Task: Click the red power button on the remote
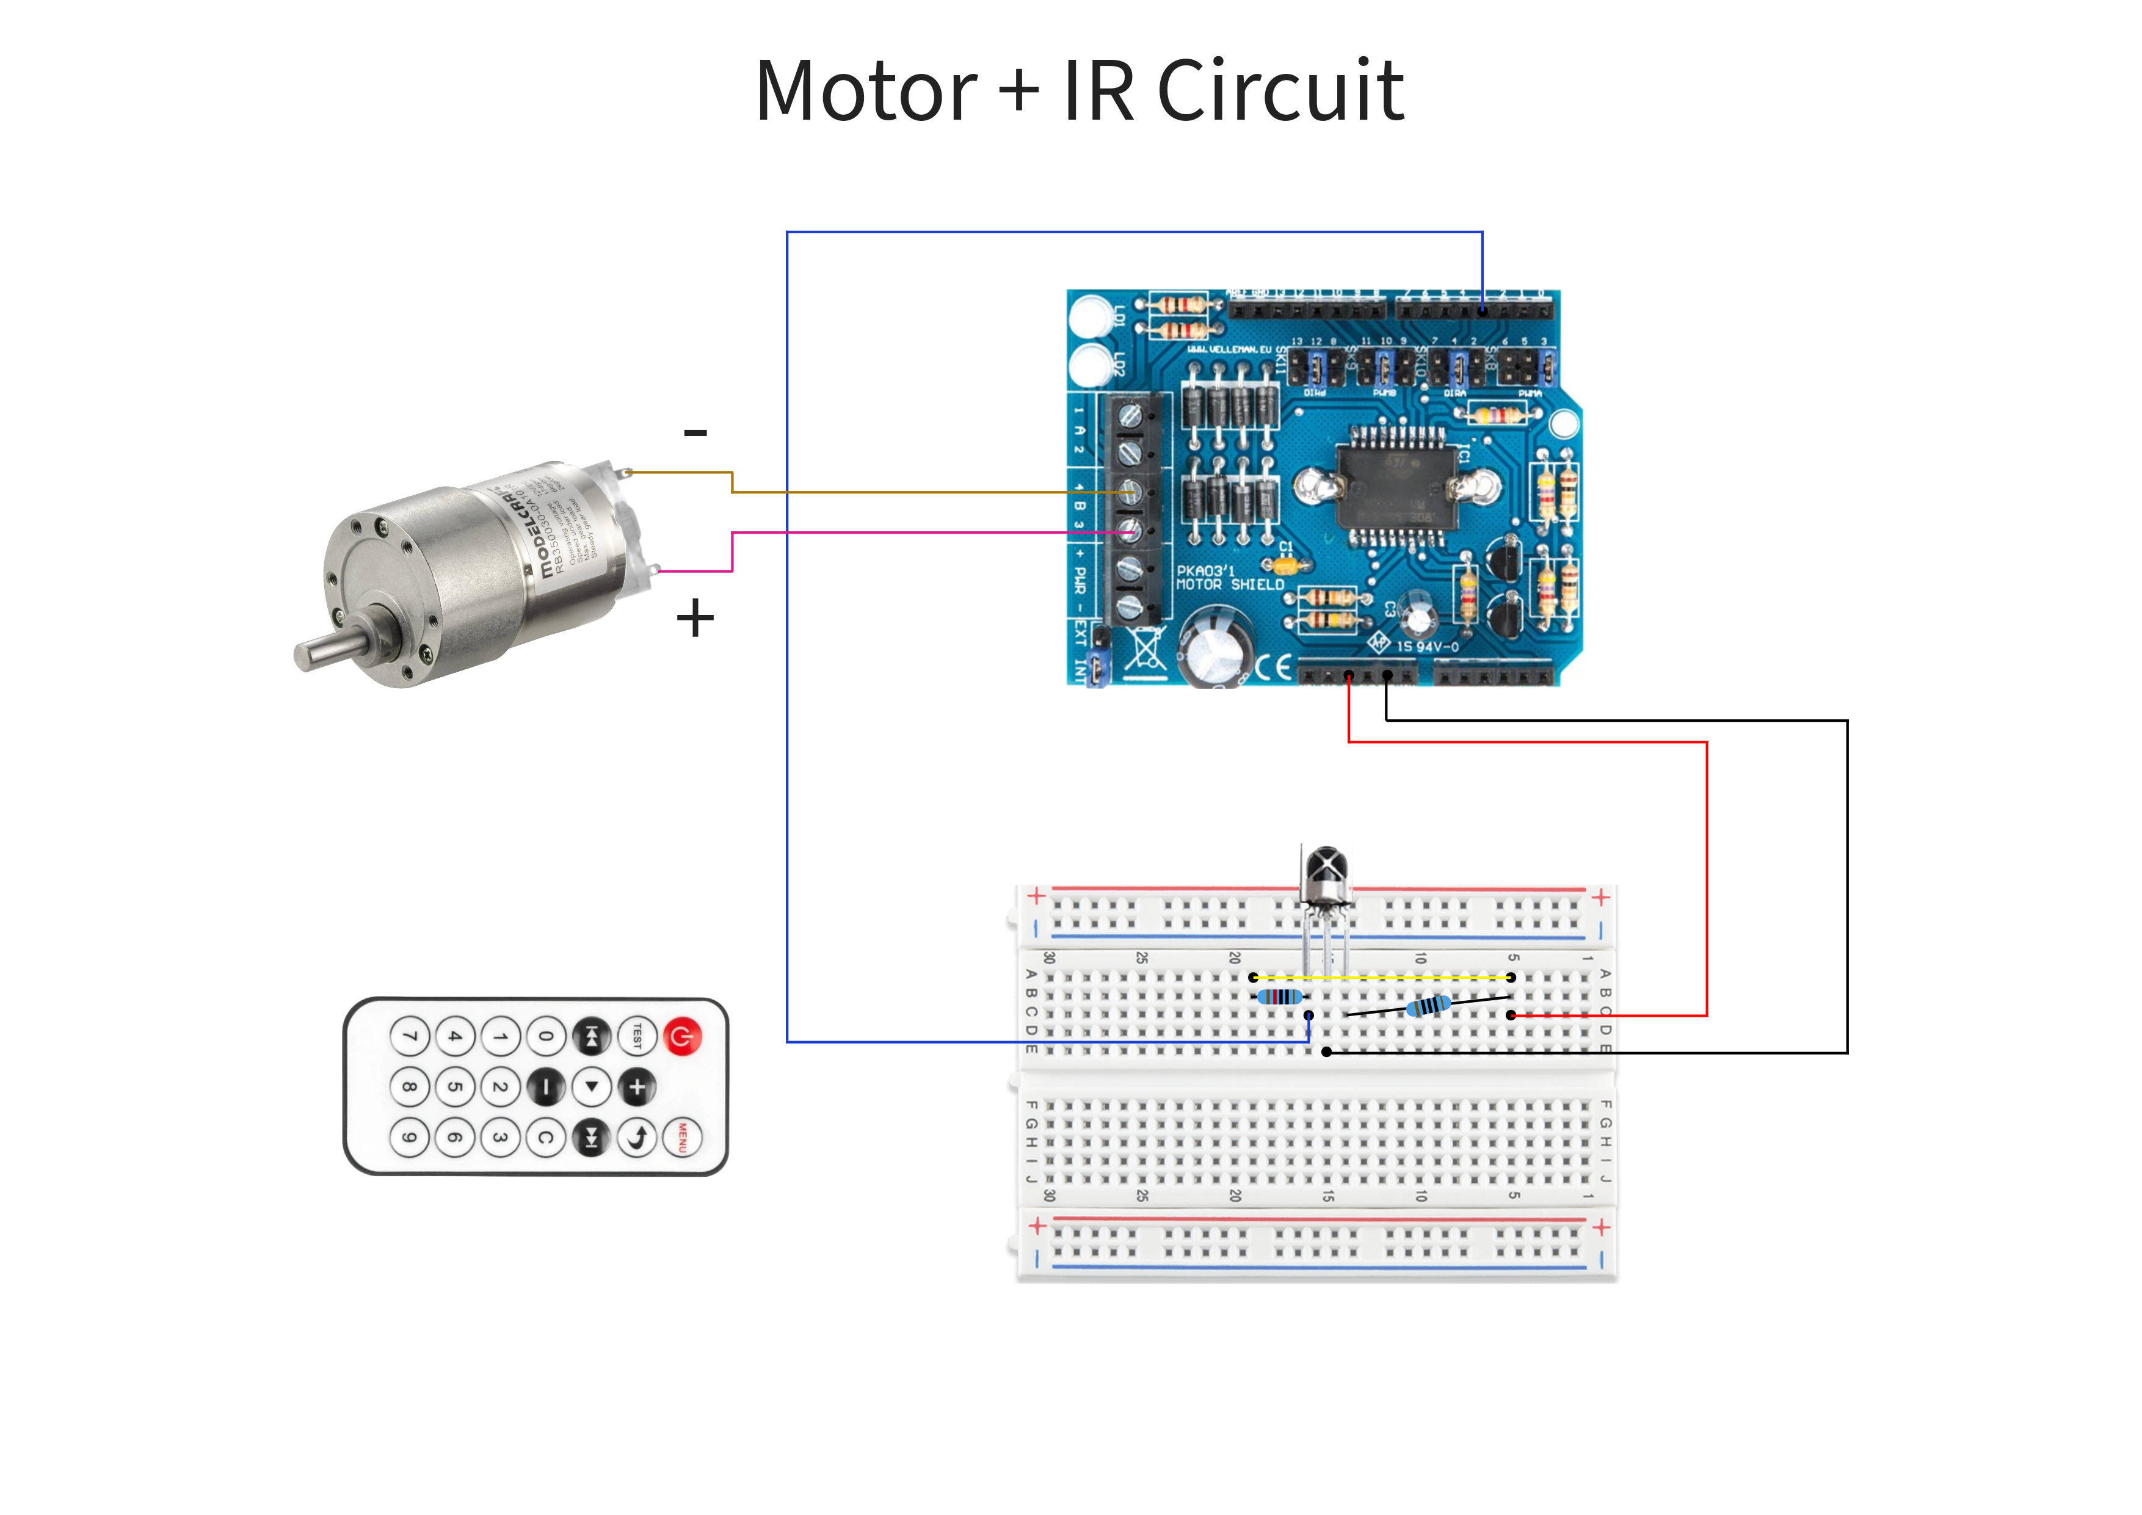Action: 682,1036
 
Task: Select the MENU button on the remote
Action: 682,1137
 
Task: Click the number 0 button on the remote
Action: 546,1036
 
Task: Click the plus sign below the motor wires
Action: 695,619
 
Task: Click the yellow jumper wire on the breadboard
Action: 1381,978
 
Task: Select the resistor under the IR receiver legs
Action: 1280,997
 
